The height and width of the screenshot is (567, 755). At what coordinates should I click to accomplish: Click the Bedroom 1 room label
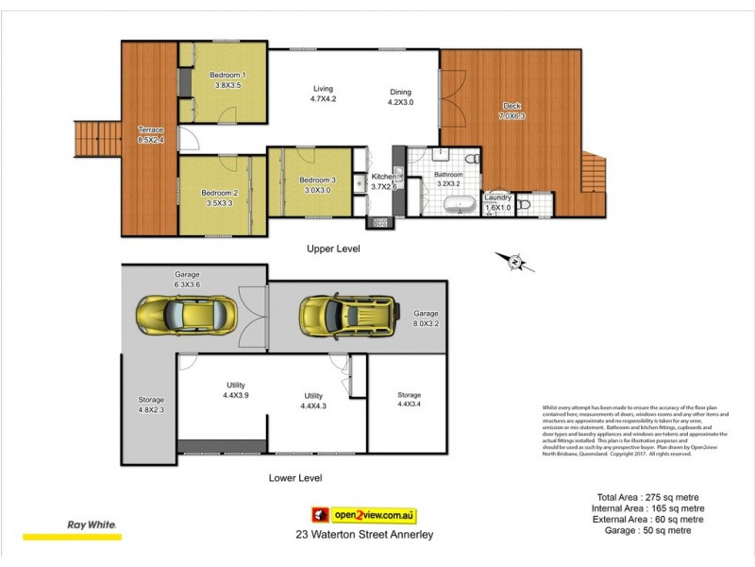coord(227,79)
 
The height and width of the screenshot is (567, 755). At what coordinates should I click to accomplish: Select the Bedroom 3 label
coord(317,184)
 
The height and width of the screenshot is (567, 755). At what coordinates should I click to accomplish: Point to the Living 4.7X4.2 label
coord(324,94)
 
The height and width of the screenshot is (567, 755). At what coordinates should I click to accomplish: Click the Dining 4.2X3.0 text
coord(401,97)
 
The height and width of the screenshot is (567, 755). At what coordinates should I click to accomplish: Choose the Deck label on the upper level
coord(511,112)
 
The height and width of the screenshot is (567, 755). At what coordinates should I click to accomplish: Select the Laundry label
coord(497,202)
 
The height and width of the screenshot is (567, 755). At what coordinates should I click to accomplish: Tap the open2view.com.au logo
coord(364,515)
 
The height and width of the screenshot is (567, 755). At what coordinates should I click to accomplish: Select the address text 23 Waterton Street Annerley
coord(364,534)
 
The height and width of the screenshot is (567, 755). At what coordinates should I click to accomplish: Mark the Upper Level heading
coord(333,249)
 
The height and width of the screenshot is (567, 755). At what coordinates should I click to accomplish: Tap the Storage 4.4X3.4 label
coord(409,400)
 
